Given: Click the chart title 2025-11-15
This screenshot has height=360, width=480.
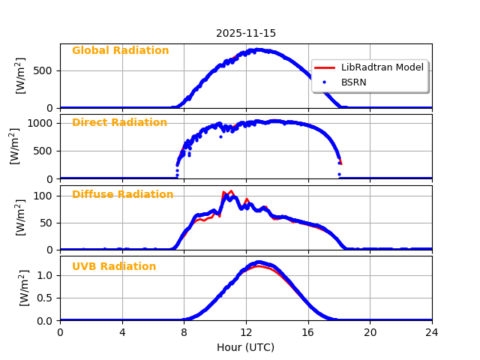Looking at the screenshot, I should (x=246, y=33).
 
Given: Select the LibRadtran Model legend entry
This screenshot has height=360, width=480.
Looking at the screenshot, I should (x=382, y=67).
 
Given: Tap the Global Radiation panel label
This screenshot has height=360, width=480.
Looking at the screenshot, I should (x=120, y=51).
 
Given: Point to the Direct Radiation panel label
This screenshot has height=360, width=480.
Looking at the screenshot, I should (x=119, y=123).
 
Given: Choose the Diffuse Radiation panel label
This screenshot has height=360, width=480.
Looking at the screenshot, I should (x=122, y=195).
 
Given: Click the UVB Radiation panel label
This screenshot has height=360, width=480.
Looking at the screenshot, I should (x=114, y=267).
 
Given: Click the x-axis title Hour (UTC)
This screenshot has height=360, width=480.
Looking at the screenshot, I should (x=246, y=347).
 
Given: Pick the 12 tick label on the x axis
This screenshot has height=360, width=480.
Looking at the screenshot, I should (x=246, y=333).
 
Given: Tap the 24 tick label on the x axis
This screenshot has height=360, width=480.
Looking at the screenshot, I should (x=432, y=333).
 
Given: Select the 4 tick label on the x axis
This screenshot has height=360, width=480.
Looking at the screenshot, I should (x=122, y=333).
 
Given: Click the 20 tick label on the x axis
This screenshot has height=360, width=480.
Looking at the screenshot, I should (x=370, y=333).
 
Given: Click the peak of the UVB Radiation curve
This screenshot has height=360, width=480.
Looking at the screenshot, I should (x=258, y=262).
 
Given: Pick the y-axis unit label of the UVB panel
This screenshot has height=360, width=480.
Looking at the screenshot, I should (x=22, y=288).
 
